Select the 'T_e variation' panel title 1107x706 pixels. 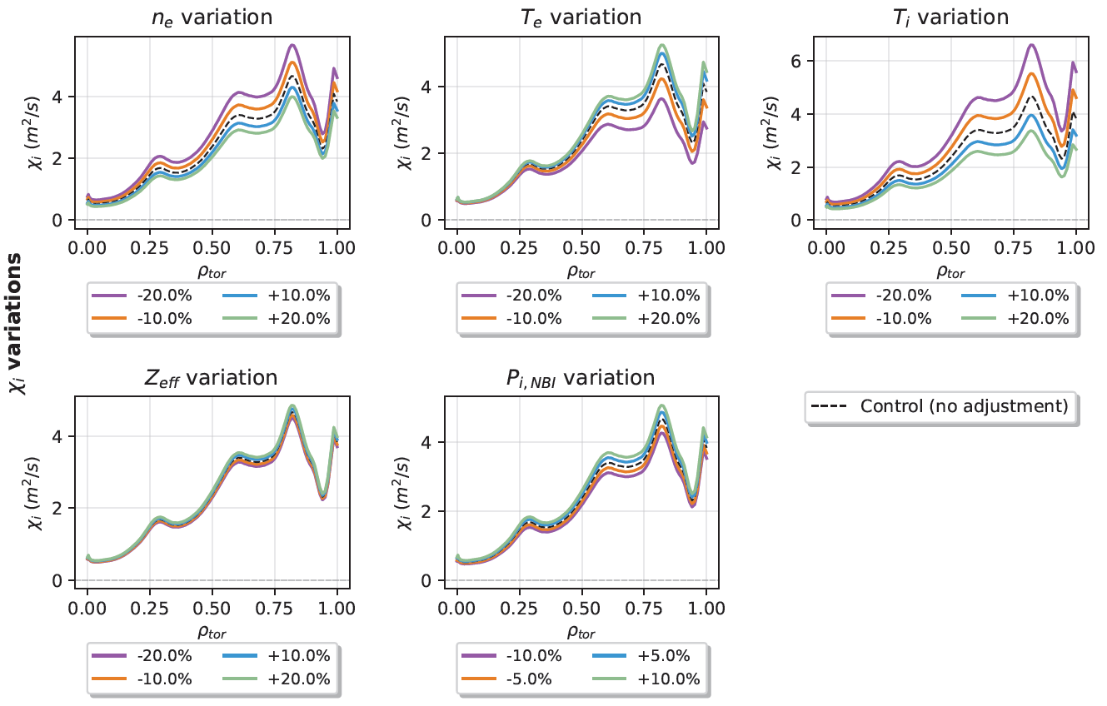(581, 17)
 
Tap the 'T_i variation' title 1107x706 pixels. (951, 17)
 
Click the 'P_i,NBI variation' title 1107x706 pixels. (581, 378)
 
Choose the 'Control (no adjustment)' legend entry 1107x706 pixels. (941, 406)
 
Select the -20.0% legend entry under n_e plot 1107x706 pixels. (142, 295)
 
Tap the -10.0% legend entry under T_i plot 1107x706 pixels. (881, 318)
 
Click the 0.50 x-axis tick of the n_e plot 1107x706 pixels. (212, 248)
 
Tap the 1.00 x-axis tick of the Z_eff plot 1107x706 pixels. (336, 608)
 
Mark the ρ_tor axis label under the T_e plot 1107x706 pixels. (581, 271)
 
